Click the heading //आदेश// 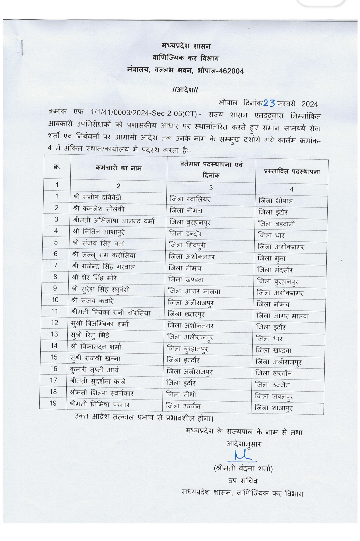[x=185, y=90]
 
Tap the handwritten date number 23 [x=269, y=103]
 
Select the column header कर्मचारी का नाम [x=118, y=168]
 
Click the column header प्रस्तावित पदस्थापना [x=292, y=171]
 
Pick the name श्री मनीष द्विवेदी [x=97, y=197]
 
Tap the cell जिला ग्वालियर [x=190, y=199]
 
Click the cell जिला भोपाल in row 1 [x=276, y=201]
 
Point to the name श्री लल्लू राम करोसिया [x=104, y=255]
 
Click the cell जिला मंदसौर [x=275, y=270]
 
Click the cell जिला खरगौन [x=273, y=373]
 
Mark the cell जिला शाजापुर [x=273, y=408]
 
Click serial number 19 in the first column [x=53, y=403]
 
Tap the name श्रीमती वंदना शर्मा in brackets [x=243, y=468]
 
